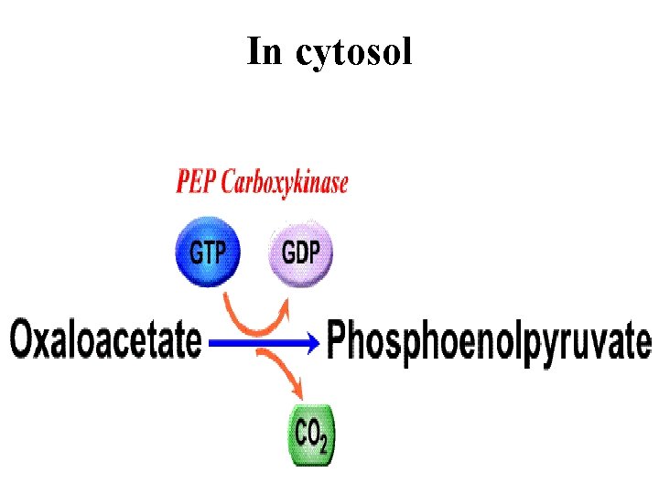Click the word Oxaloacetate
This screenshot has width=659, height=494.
click(x=105, y=340)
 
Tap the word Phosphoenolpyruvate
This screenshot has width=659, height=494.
click(x=489, y=342)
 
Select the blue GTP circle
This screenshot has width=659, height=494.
click(x=207, y=252)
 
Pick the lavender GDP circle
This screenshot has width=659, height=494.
click(x=300, y=252)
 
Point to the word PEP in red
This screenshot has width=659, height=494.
click(x=195, y=183)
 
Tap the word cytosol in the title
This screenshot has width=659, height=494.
click(x=353, y=53)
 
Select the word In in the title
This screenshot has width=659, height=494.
click(x=265, y=51)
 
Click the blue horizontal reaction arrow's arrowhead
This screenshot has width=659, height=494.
click(x=314, y=343)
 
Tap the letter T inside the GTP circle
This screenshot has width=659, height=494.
click(x=208, y=252)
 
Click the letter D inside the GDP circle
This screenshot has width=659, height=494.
click(x=301, y=252)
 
